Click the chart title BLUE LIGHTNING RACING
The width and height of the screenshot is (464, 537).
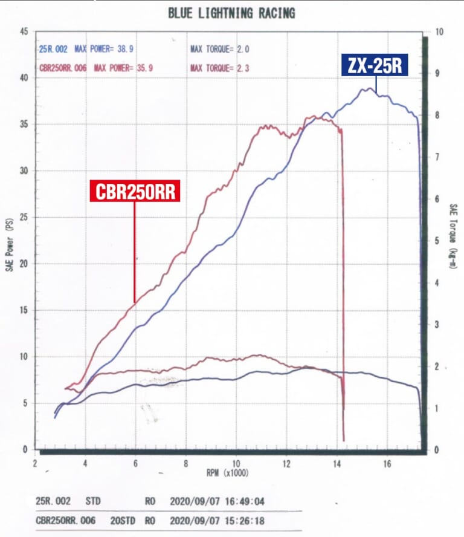231,13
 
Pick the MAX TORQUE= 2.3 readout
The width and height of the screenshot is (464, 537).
219,68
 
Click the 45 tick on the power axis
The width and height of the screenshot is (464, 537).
24,31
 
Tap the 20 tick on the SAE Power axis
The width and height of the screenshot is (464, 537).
24,264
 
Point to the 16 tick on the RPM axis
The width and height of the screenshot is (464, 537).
386,464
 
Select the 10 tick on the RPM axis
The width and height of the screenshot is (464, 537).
236,464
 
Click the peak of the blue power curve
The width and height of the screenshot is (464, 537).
367,88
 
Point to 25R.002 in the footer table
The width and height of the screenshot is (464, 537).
54,501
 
